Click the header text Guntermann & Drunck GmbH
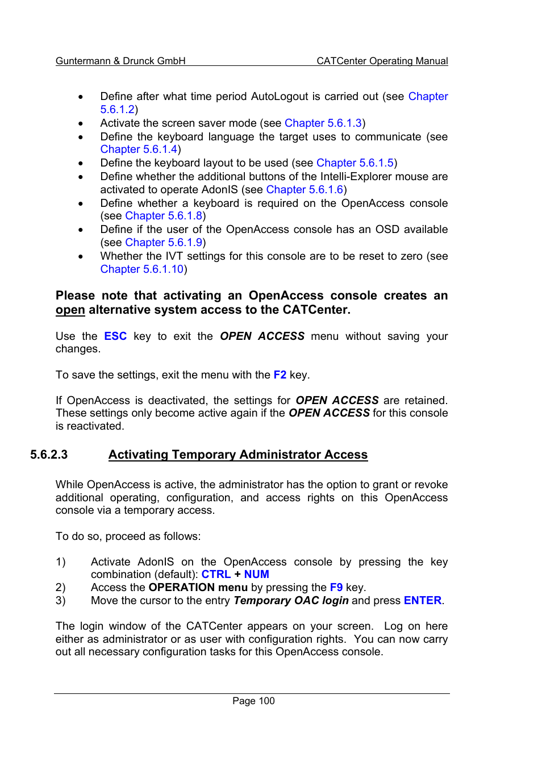tap(120, 61)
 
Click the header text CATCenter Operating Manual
tap(382, 61)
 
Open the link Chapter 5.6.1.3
tap(323, 123)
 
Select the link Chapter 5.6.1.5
tap(355, 163)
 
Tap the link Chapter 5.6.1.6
tap(305, 189)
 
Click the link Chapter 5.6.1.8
tap(164, 215)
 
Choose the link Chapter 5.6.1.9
tap(164, 242)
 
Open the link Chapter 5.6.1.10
tap(141, 269)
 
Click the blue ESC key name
tap(115, 336)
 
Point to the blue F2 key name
tap(280, 375)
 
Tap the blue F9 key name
tap(336, 587)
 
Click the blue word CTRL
tap(216, 574)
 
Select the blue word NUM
tap(256, 574)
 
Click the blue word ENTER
tap(422, 600)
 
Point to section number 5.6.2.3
tap(49, 455)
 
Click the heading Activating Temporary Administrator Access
tap(238, 455)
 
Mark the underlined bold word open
tap(70, 310)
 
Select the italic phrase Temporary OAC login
tap(291, 600)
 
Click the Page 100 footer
tap(253, 701)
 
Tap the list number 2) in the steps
tap(60, 587)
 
